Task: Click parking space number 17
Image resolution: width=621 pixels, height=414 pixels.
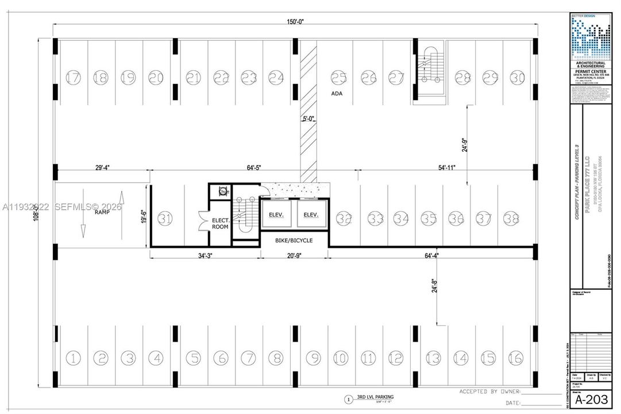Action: [x=73, y=77]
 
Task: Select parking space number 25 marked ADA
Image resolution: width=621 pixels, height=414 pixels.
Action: [x=339, y=77]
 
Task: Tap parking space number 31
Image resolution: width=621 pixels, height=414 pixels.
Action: [x=165, y=218]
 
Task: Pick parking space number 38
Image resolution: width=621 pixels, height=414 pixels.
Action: [x=511, y=218]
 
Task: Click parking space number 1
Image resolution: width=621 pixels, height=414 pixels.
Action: [x=73, y=358]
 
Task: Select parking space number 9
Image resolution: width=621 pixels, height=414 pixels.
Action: [x=313, y=358]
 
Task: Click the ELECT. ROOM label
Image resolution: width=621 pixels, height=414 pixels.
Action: [x=221, y=223]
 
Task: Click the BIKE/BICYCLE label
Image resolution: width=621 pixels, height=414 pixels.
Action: [x=294, y=240]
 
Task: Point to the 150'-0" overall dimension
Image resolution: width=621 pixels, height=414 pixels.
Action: [x=295, y=22]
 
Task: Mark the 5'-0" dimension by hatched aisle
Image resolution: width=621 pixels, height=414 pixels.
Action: [x=309, y=120]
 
